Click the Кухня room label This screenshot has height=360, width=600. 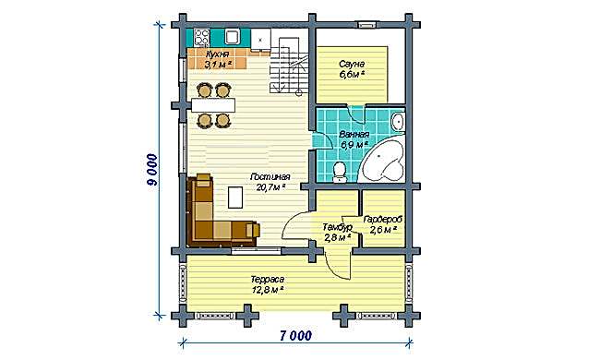(217, 54)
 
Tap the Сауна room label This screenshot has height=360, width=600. (352, 64)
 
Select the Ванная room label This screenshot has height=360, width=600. (354, 135)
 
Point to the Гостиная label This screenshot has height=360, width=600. (270, 177)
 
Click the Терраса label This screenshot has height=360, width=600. (268, 280)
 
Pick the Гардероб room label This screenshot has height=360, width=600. (383, 220)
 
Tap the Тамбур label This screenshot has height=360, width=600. (337, 227)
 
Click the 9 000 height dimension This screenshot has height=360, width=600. (151, 170)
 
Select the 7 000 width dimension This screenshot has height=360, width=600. (295, 335)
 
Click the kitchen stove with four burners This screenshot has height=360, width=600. (201, 38)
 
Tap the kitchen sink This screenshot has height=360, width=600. (232, 37)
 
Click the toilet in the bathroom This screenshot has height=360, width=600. (339, 173)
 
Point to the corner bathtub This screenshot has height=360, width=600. (383, 161)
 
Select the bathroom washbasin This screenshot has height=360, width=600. (398, 122)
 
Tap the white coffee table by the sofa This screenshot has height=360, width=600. (235, 197)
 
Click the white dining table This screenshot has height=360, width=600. (212, 105)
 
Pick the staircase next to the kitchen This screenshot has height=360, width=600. (289, 65)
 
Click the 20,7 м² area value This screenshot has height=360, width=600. (270, 187)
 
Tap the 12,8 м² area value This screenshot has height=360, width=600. (268, 290)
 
